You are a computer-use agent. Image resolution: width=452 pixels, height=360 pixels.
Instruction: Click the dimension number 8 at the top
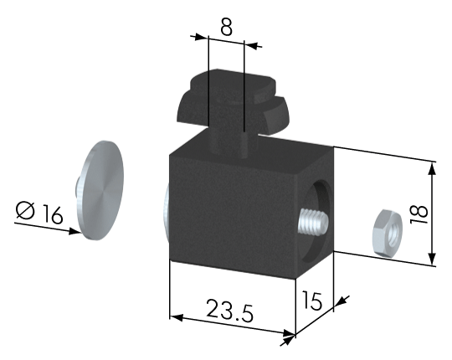226,28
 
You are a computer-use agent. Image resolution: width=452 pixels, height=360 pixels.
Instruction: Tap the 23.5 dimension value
229,311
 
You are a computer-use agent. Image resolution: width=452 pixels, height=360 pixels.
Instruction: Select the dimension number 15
311,301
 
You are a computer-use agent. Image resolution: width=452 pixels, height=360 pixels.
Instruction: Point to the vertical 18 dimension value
419,213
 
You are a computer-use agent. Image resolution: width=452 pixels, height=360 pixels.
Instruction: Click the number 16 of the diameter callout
53,214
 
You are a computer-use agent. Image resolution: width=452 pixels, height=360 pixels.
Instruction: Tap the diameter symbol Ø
26,210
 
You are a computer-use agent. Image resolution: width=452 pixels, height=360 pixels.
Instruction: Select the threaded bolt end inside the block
314,222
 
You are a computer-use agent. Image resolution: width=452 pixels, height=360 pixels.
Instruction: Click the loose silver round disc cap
100,191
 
